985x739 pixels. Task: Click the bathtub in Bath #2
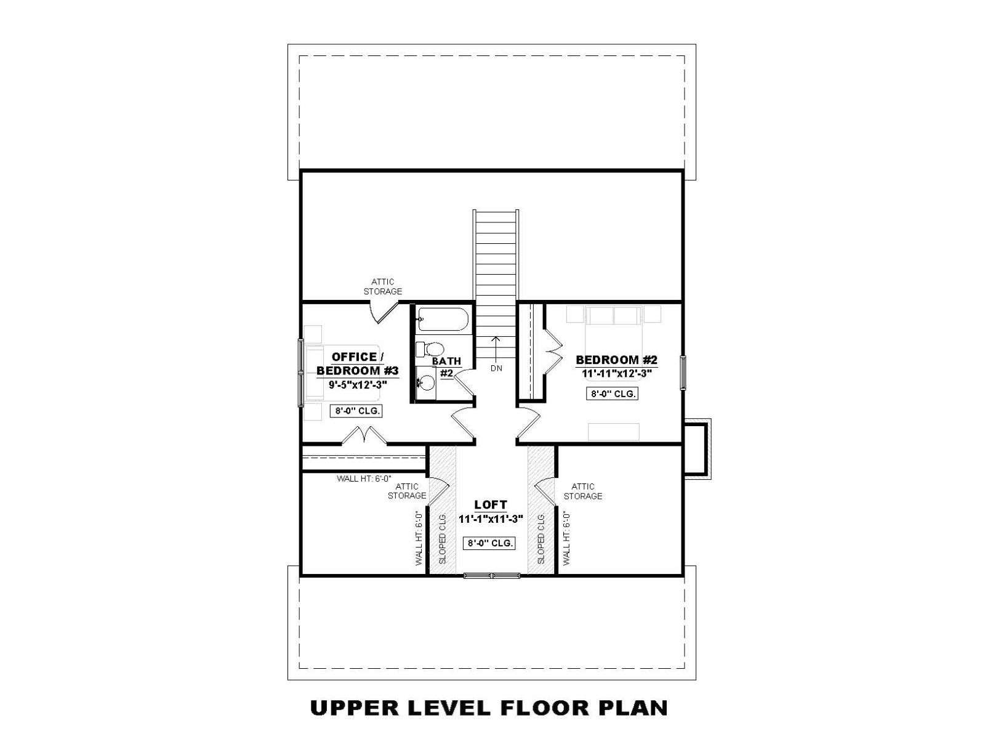click(x=443, y=318)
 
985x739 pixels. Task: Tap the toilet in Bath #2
click(x=430, y=349)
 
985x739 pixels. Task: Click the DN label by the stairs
click(x=496, y=368)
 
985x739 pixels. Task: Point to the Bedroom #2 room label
click(x=616, y=360)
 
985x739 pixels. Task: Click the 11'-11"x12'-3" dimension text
click(x=616, y=373)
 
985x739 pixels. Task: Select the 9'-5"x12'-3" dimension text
click(x=357, y=384)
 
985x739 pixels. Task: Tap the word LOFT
click(x=491, y=505)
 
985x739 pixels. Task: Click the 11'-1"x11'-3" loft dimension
click(x=491, y=519)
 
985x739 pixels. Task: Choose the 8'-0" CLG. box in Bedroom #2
click(x=612, y=394)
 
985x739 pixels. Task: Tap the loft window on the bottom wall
click(x=492, y=575)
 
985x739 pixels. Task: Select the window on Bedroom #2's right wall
click(x=683, y=372)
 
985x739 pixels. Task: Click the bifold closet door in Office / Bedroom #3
click(x=364, y=435)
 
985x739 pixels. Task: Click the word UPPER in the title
click(x=355, y=708)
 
